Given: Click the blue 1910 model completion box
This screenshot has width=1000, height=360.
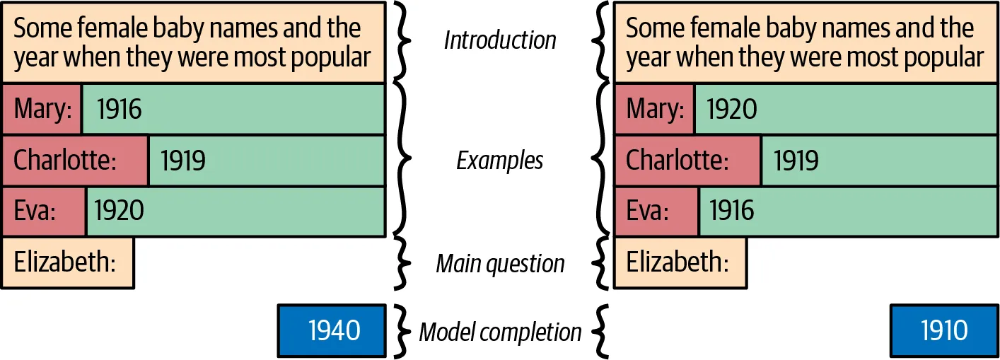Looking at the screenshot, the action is point(944,330).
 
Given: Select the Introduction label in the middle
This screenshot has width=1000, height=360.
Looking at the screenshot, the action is point(500,40).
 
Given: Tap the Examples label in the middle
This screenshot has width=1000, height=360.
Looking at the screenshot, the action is point(500,161).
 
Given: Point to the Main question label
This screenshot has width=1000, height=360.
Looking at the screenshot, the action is point(500,264).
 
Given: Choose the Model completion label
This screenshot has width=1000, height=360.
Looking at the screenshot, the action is point(500,331).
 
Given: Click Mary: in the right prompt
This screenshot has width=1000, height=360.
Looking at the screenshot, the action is point(655,109).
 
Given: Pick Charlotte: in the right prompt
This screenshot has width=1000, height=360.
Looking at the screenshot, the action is point(687,161).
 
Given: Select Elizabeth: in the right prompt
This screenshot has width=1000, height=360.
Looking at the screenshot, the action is point(680,262).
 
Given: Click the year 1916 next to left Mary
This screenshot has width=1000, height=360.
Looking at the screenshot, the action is point(119,109).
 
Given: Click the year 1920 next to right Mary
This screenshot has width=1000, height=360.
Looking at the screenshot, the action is point(732,109).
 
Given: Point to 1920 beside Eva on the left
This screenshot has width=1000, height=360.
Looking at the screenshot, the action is point(119,211).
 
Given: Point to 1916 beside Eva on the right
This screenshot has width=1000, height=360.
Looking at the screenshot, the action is point(731,211).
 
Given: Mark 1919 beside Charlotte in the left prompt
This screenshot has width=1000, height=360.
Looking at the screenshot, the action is point(183,161).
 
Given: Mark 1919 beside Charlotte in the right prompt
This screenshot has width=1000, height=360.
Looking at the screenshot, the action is point(796,161).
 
